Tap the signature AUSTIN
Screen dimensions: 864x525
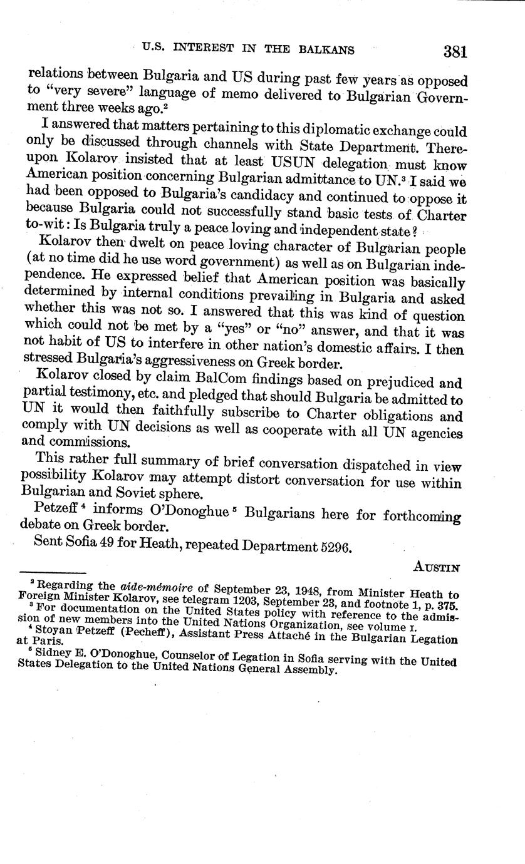tap(437, 567)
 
